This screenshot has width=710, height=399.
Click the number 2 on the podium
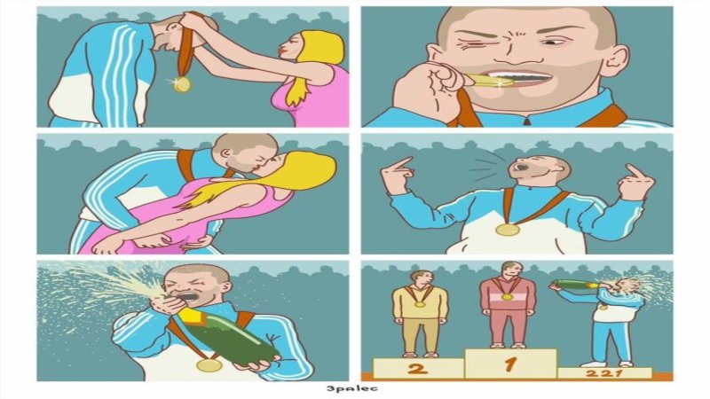tap(417, 368)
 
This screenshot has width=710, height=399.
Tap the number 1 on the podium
tap(511, 364)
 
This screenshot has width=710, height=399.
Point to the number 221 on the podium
tap(604, 373)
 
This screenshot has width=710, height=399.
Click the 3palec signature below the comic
tap(351, 388)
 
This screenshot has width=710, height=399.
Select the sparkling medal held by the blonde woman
tap(182, 84)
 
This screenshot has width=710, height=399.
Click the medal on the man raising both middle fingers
tap(507, 230)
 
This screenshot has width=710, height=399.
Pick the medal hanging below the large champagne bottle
tap(209, 365)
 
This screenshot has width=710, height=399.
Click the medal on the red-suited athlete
tap(507, 297)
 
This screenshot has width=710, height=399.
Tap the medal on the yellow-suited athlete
tap(419, 304)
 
